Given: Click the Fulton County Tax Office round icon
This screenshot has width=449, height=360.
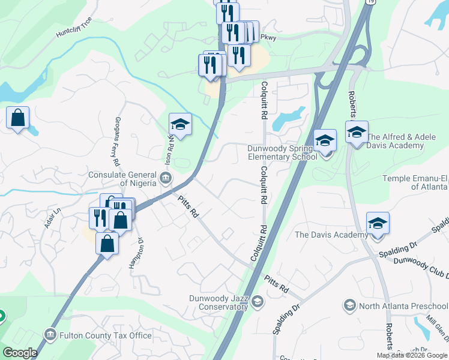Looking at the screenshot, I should [50, 335].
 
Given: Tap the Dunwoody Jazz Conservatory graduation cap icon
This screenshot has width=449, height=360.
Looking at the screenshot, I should [258, 301].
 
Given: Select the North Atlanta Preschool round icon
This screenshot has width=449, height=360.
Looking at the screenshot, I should [349, 306].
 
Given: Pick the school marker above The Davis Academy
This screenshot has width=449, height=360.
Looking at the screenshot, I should [378, 224].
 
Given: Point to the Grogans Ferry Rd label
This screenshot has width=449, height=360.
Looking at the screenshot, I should [116, 142].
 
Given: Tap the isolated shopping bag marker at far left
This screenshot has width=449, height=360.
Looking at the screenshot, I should [18, 118].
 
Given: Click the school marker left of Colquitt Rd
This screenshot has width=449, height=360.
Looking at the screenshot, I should [180, 125].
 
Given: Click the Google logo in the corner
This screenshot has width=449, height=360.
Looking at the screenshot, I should [19, 353].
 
